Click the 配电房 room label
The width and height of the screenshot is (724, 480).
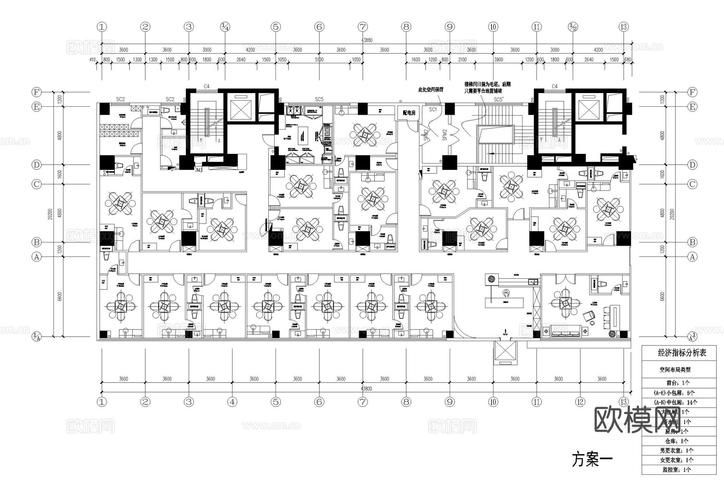[409, 113]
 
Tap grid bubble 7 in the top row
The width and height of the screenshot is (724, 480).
[362, 27]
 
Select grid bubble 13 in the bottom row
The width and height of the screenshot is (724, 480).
[623, 401]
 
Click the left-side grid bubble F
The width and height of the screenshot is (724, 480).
[37, 92]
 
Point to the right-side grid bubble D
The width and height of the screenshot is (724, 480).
[692, 165]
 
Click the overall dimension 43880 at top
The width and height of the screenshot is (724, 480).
[366, 40]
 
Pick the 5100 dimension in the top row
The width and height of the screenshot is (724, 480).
[319, 60]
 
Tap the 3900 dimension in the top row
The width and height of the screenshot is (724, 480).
[498, 60]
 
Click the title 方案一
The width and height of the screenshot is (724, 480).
[592, 459]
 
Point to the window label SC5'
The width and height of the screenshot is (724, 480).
[498, 99]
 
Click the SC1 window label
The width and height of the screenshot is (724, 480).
[433, 110]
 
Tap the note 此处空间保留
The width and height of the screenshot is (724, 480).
[431, 89]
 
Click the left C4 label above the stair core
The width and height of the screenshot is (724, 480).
[206, 86]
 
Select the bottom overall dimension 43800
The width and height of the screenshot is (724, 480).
[366, 389]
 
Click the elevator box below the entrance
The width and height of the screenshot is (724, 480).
[505, 352]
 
